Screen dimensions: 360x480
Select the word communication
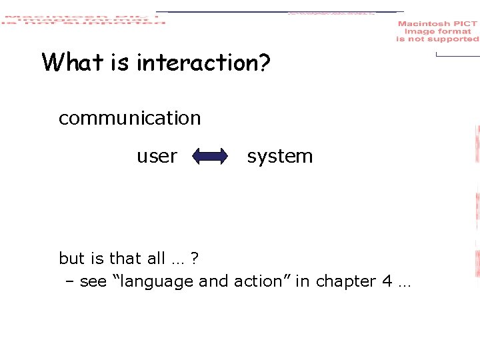[x=129, y=118]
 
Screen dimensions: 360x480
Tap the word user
[x=157, y=156]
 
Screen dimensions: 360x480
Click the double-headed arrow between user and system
[x=210, y=157]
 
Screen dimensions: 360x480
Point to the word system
[x=279, y=156]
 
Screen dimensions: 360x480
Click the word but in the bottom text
[x=71, y=258]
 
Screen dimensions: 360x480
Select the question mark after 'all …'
[x=194, y=258]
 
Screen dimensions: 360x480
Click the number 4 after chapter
[x=387, y=281]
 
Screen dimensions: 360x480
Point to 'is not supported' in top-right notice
[x=437, y=39]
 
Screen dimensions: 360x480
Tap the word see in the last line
[x=93, y=281]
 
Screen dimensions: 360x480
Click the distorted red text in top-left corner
[x=83, y=19]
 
